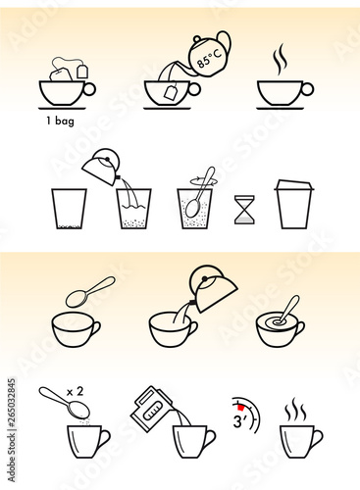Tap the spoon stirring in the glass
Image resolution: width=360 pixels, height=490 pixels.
pyautogui.click(x=196, y=201)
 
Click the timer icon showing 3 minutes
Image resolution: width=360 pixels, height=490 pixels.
pyautogui.click(x=244, y=416)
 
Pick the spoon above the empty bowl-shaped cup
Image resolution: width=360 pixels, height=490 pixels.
pyautogui.click(x=89, y=291)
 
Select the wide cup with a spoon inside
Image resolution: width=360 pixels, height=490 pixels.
pyautogui.click(x=283, y=328)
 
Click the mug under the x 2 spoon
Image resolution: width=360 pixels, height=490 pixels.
pyautogui.click(x=86, y=440)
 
